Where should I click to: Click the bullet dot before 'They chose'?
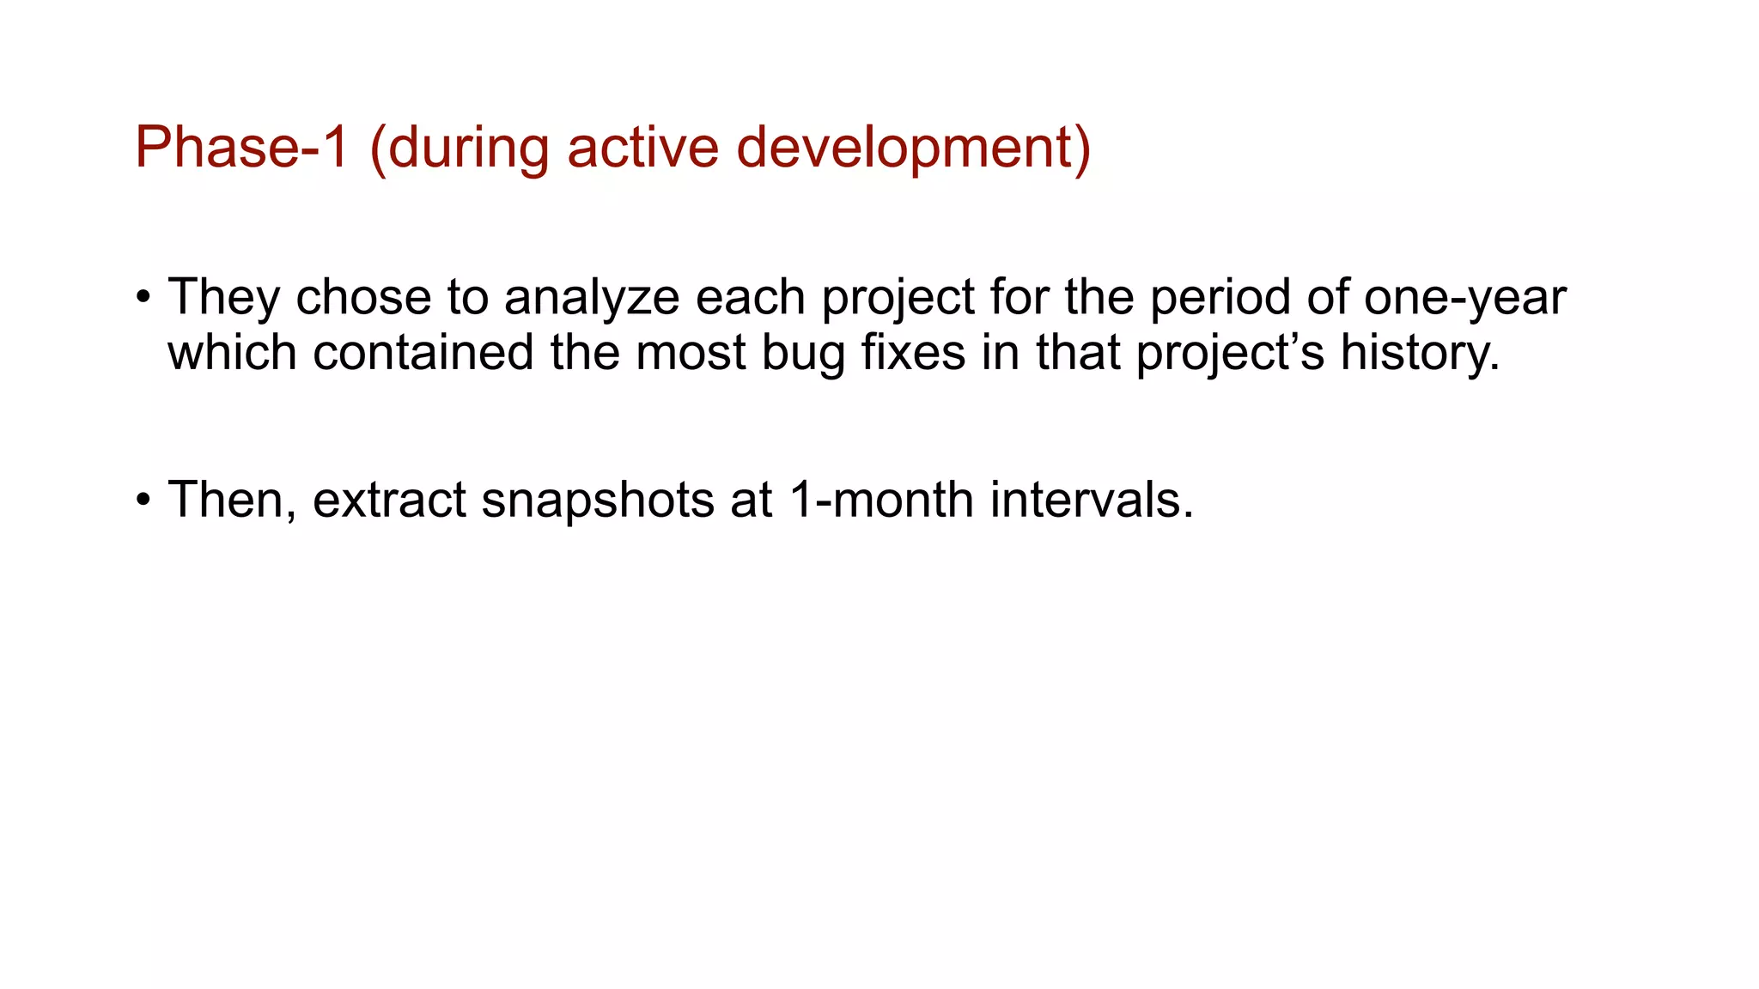click(143, 299)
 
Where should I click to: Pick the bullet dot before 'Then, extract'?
click(143, 501)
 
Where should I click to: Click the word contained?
click(423, 353)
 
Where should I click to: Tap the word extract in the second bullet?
click(388, 501)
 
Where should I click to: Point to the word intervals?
click(1091, 501)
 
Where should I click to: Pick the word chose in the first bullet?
click(363, 298)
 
